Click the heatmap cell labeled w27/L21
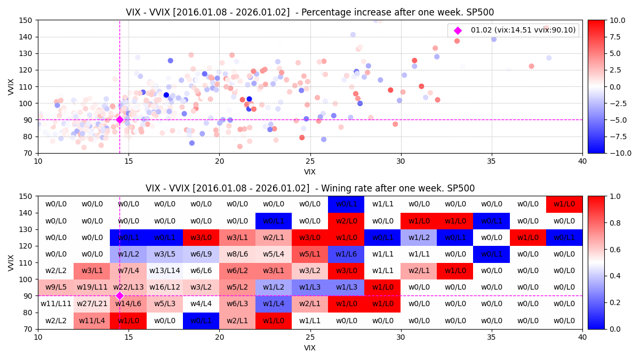[92, 304]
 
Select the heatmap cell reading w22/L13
[129, 287]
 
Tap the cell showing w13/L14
[165, 271]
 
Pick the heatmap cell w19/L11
[92, 287]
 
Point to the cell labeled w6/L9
[201, 254]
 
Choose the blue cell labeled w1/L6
[346, 254]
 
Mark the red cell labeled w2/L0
[346, 221]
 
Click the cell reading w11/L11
[56, 304]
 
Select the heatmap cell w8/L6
[237, 254]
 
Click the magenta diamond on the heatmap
[119, 295]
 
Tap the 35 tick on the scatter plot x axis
[492, 162]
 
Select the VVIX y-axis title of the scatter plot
[11, 86]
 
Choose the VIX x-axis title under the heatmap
[310, 348]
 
